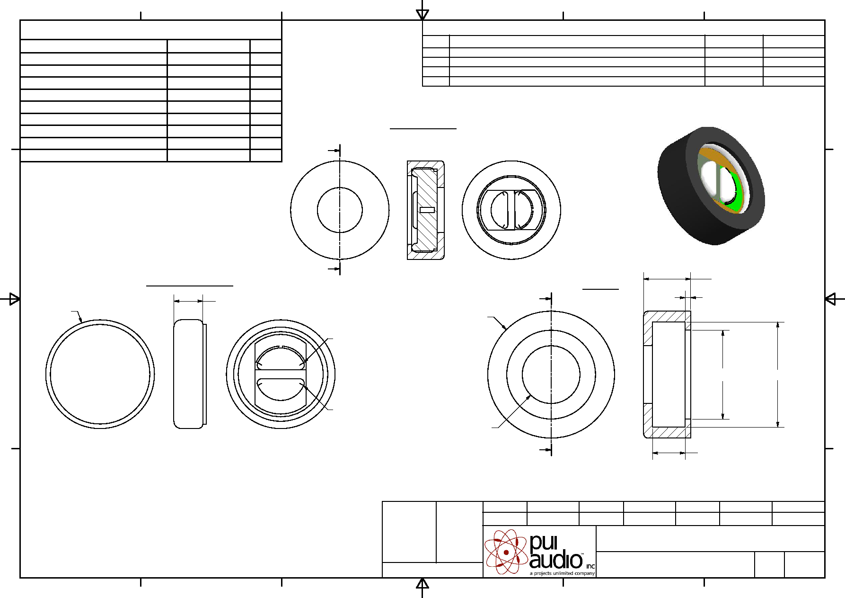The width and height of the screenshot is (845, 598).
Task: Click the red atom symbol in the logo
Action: point(506,552)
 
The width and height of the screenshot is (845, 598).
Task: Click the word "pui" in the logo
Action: point(544,543)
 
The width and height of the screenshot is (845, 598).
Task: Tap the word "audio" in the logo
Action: point(556,560)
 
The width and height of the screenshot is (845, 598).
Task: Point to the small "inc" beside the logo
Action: point(590,566)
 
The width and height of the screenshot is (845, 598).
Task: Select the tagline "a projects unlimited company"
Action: point(562,573)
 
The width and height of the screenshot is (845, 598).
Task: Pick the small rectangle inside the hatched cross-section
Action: point(427,210)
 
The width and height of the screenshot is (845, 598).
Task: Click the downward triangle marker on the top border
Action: point(422,15)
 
